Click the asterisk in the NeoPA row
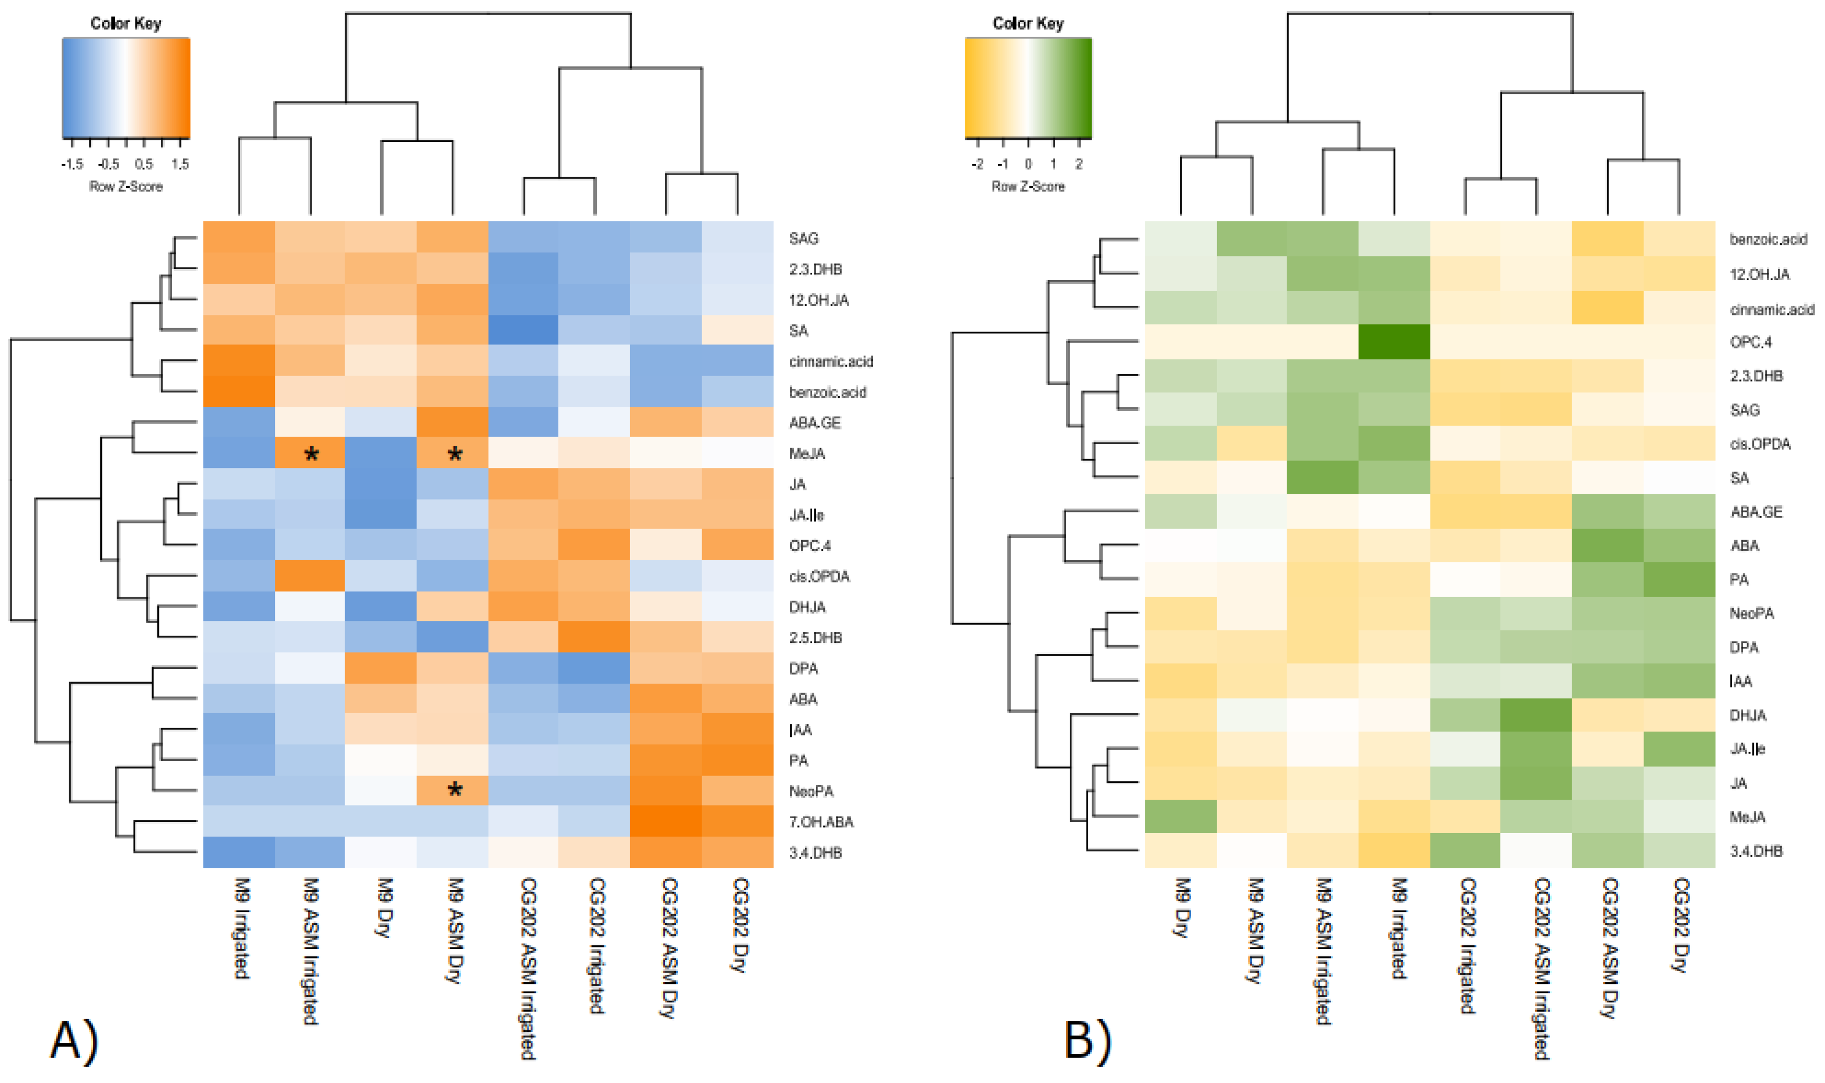pos(454,790)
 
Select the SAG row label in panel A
pos(803,238)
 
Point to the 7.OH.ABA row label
pos(821,822)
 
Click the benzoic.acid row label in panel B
pos(1767,239)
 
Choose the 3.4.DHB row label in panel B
pos(1756,851)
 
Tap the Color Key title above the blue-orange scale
pos(126,23)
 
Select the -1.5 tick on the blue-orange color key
pos(72,164)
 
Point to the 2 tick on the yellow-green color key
pos(1078,164)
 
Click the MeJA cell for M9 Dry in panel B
pos(1181,816)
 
